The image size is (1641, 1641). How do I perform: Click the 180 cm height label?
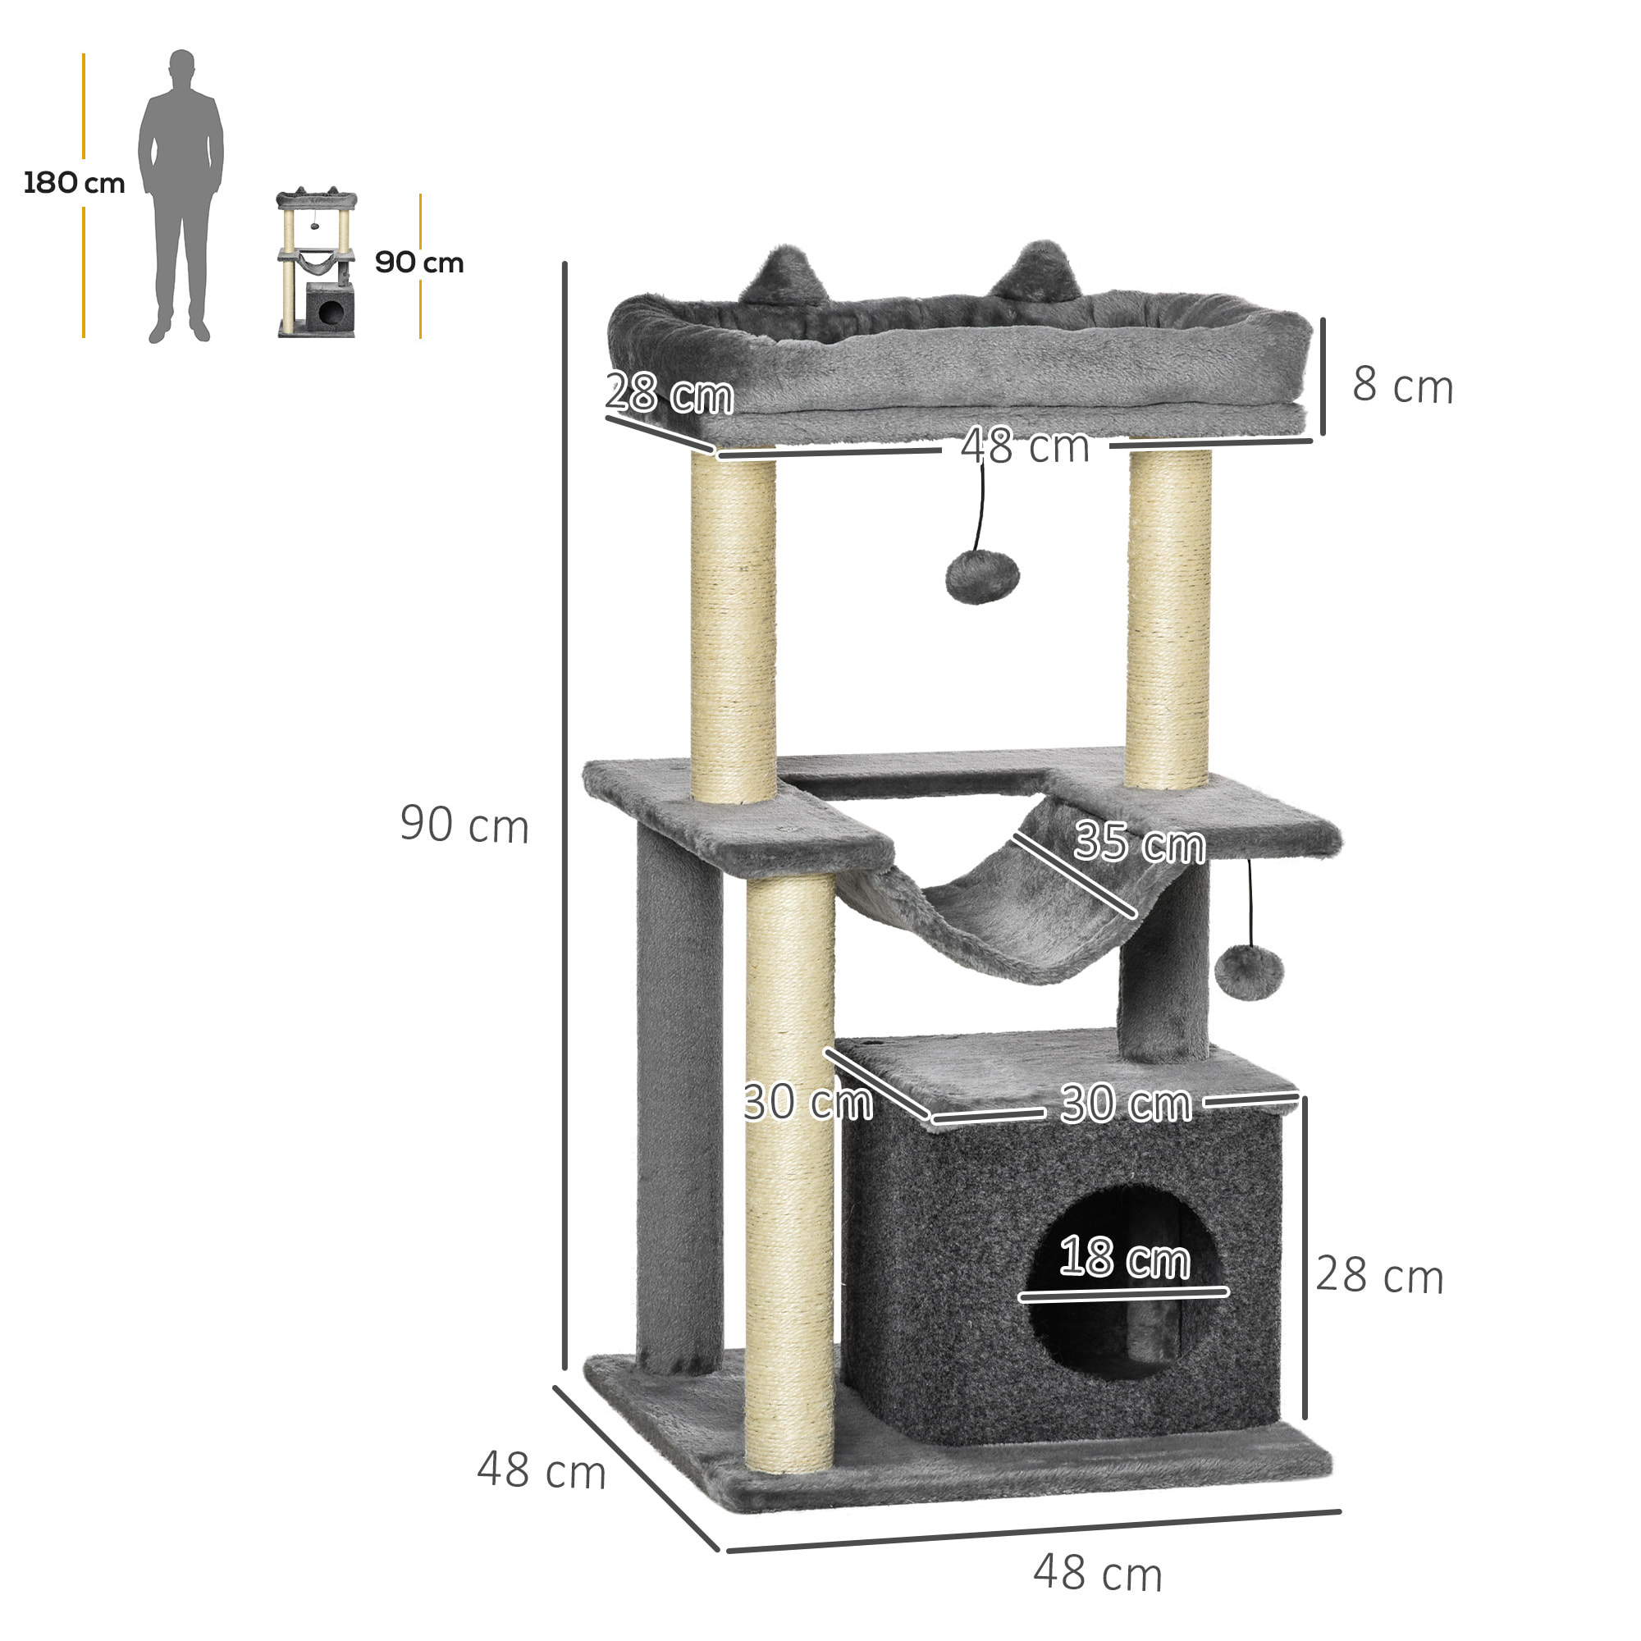pyautogui.click(x=74, y=183)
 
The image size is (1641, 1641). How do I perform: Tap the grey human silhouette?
pyautogui.click(x=181, y=195)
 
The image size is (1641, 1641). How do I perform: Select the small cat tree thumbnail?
pyautogui.click(x=316, y=263)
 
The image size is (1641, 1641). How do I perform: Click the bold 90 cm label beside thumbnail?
pyautogui.click(x=418, y=263)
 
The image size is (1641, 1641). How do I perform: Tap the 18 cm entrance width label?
pyautogui.click(x=1124, y=1257)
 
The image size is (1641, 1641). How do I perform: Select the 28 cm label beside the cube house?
pyautogui.click(x=1379, y=1275)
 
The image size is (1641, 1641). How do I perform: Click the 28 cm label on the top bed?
pyautogui.click(x=670, y=393)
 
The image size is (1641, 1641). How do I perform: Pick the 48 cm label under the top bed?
pyautogui.click(x=1025, y=446)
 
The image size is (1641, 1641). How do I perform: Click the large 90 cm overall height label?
pyautogui.click(x=464, y=824)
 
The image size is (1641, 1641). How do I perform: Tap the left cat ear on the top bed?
pyautogui.click(x=784, y=276)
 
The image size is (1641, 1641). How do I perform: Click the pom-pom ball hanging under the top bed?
pyautogui.click(x=982, y=577)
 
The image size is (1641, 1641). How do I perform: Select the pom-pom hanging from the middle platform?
pyautogui.click(x=1249, y=972)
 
